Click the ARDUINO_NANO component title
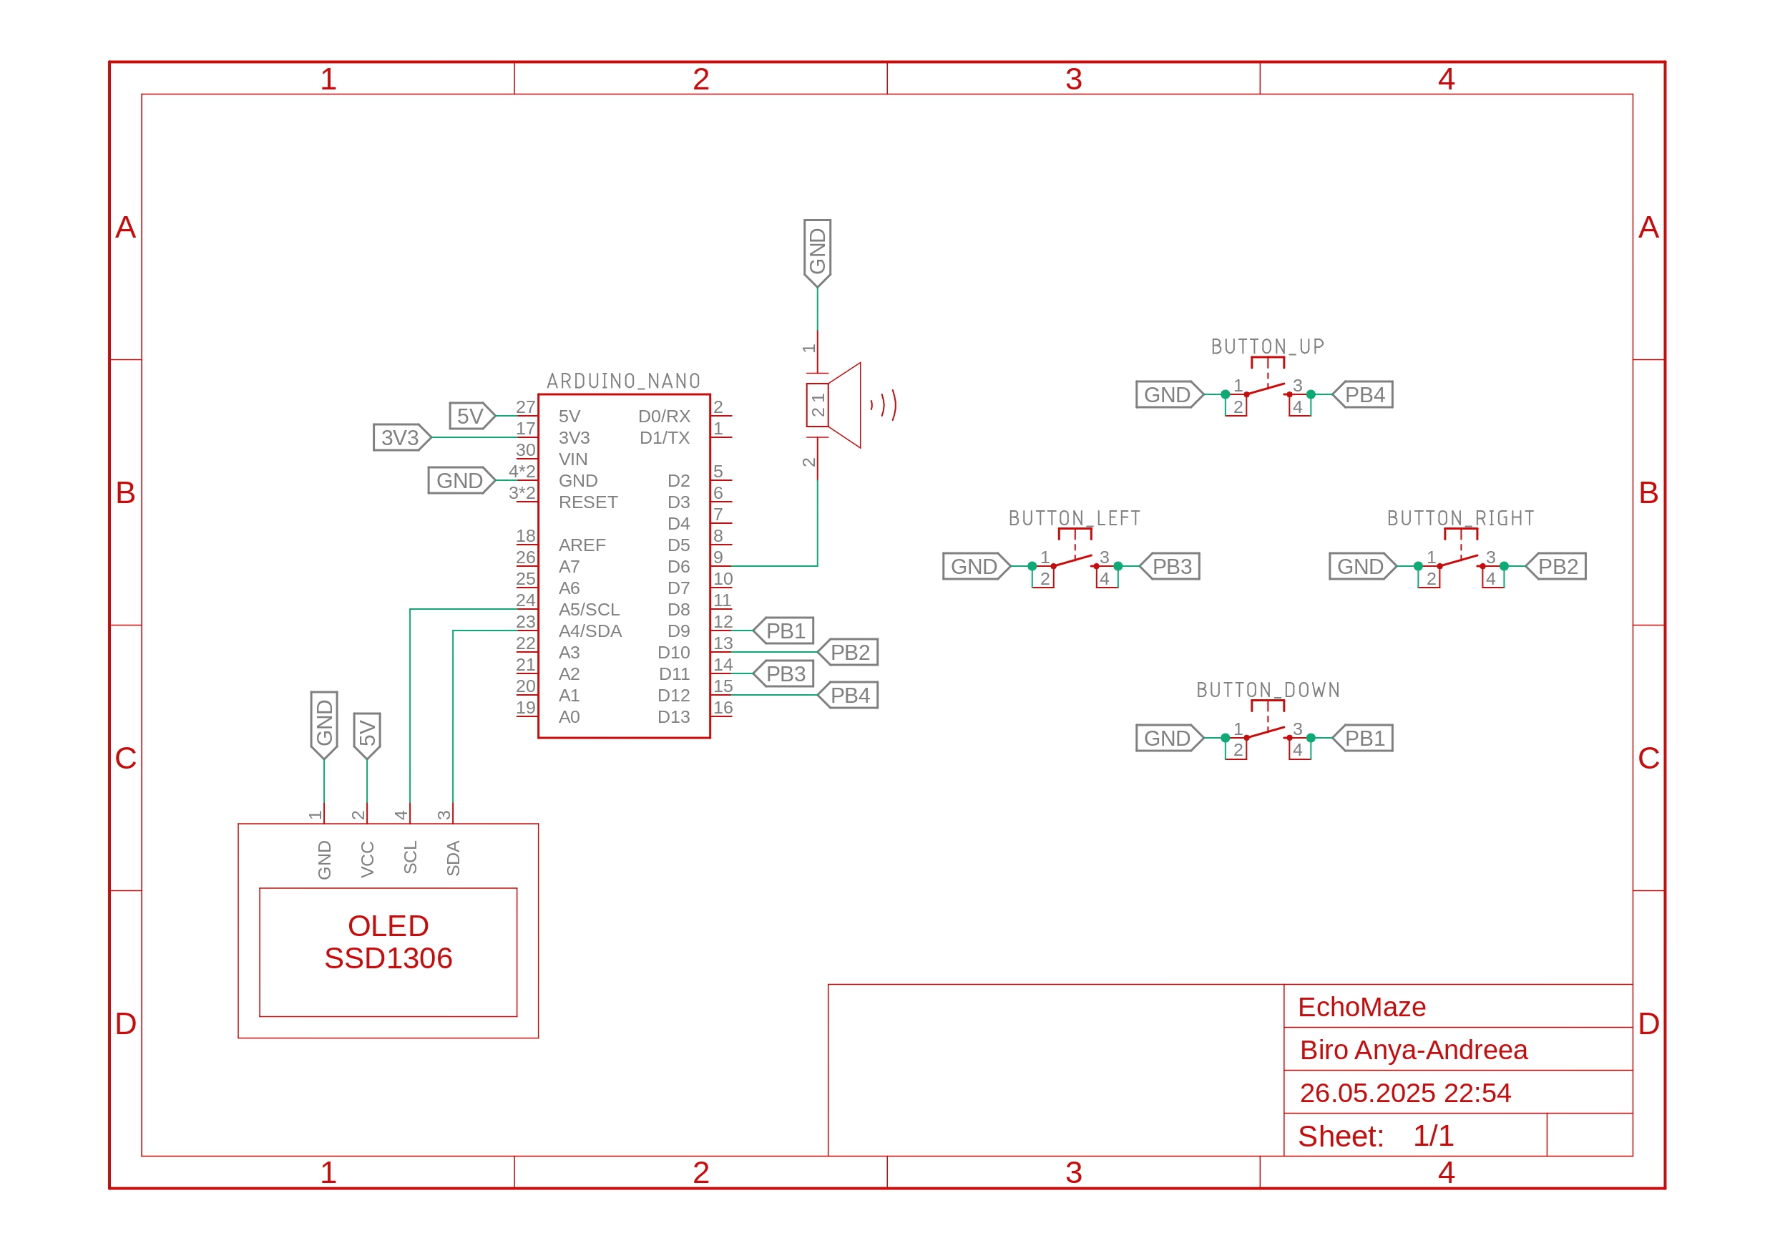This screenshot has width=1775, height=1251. [623, 381]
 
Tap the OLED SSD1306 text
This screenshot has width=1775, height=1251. [388, 942]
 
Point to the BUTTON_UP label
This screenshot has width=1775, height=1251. [1267, 346]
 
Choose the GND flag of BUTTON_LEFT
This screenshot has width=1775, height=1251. [975, 567]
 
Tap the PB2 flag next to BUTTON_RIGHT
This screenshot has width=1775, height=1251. [1556, 567]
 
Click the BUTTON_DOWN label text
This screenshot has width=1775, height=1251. [1268, 690]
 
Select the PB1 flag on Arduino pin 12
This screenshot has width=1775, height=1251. [785, 631]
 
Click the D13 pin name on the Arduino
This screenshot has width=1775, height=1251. [673, 716]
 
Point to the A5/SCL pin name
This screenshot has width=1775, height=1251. [589, 609]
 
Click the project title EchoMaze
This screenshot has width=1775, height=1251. [1361, 1007]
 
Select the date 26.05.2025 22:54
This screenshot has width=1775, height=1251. [1404, 1093]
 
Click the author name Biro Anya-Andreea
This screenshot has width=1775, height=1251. [1413, 1050]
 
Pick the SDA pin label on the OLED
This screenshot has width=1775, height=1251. [454, 858]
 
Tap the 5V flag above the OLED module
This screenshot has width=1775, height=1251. [367, 734]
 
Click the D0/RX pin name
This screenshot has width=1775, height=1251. [663, 416]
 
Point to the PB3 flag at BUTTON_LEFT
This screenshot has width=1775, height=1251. [1170, 567]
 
